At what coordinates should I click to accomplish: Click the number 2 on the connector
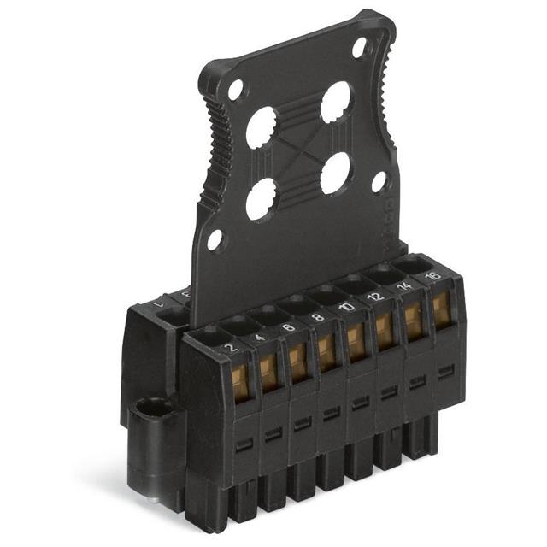tap(229, 349)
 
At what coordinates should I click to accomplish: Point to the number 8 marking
tap(318, 316)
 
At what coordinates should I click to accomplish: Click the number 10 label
tap(347, 306)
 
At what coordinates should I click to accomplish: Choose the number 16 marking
tap(432, 275)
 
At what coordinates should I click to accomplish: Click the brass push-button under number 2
tap(240, 381)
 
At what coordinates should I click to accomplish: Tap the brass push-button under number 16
tap(441, 309)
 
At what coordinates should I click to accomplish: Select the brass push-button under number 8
tap(326, 350)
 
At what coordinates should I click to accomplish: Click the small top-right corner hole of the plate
tap(359, 47)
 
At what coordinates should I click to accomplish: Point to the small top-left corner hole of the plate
tap(235, 90)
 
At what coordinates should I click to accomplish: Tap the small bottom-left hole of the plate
tap(215, 239)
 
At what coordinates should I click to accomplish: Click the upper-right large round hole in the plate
tap(336, 103)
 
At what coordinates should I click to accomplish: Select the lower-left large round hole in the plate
tap(261, 198)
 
